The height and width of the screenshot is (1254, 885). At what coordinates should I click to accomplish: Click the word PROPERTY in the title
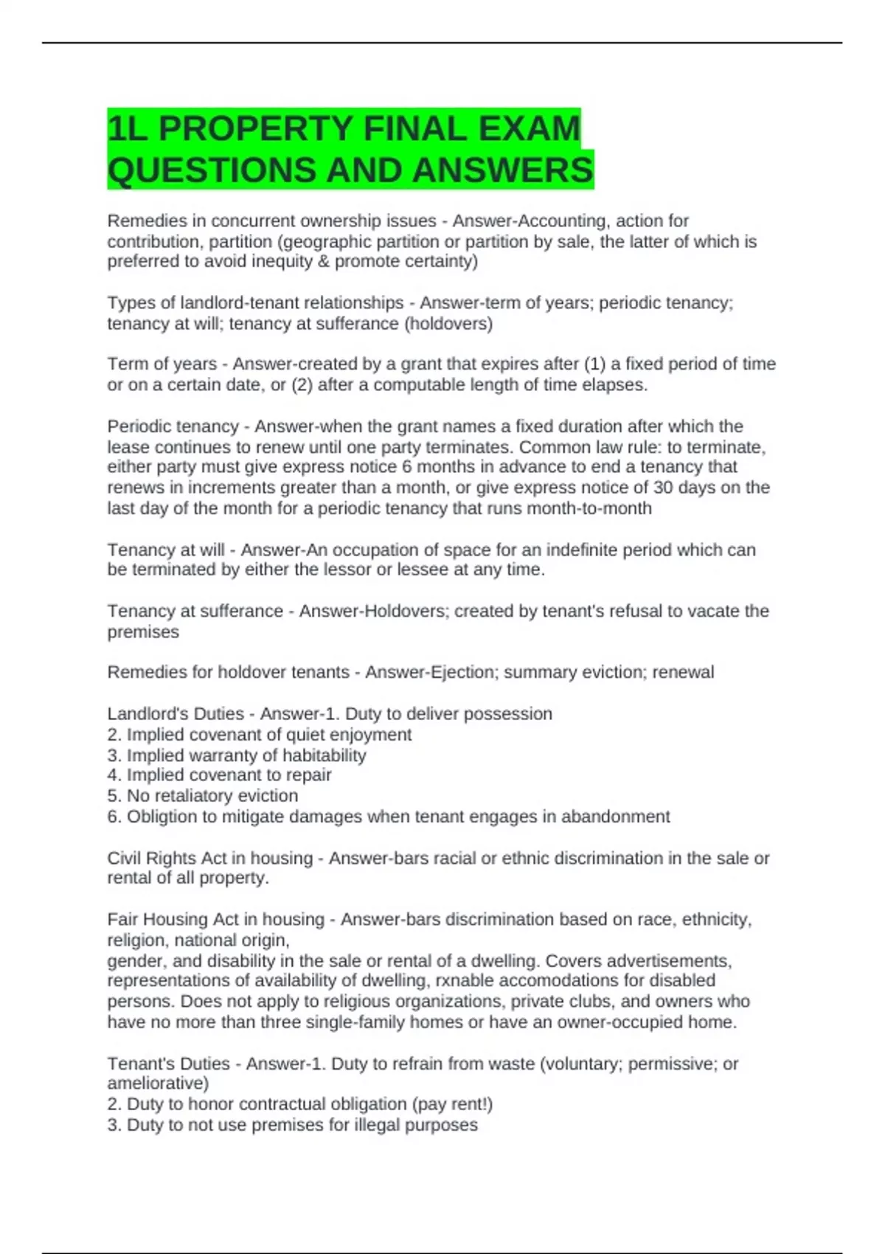click(257, 128)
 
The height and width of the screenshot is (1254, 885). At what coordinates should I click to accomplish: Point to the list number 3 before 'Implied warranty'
click(114, 755)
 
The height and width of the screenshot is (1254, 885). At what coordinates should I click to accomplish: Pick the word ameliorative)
click(158, 1084)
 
